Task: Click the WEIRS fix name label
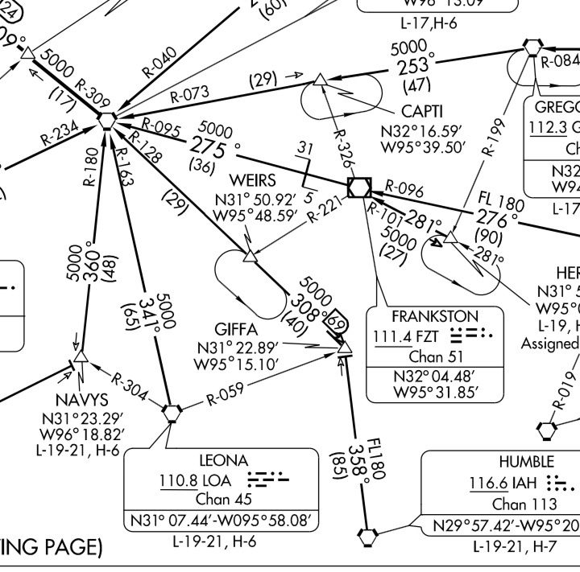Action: (x=252, y=179)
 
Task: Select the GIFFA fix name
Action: (x=236, y=330)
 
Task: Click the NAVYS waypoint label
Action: (x=82, y=400)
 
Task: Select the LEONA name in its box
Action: (x=223, y=461)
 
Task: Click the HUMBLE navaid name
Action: (x=526, y=462)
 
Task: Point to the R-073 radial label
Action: (x=188, y=95)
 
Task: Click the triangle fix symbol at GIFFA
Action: (x=346, y=349)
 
